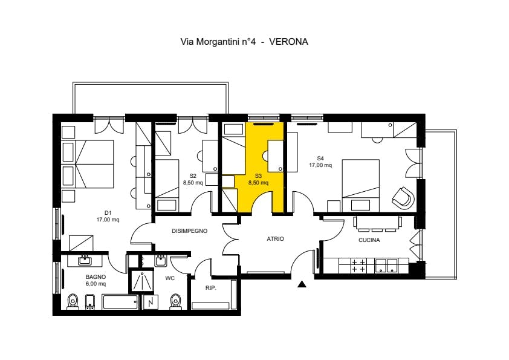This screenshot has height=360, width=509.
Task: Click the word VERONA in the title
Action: [x=288, y=42]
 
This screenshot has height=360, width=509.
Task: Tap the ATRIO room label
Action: [x=275, y=239]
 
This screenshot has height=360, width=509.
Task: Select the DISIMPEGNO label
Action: [x=190, y=231]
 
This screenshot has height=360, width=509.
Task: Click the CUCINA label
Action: [x=369, y=240]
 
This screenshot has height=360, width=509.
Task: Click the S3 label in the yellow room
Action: [x=258, y=176]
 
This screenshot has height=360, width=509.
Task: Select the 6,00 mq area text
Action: [x=96, y=284]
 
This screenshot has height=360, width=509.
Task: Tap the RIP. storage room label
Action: [x=211, y=288]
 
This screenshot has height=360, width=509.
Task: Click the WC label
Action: [x=170, y=278]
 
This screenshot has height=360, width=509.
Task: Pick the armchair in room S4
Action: [x=403, y=197]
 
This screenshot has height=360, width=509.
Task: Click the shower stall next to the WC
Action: [x=141, y=280]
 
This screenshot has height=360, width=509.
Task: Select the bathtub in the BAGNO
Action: [x=120, y=302]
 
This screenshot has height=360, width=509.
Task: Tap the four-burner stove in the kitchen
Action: [x=358, y=265]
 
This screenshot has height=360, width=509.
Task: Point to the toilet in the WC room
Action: [x=176, y=301]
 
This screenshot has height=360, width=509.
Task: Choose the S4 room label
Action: [x=320, y=159]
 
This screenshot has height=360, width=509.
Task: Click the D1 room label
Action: [x=108, y=213]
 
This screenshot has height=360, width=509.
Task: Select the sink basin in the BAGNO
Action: [x=85, y=260]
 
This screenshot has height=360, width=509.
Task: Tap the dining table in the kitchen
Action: [x=378, y=223]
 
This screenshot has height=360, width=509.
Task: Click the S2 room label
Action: [x=193, y=176]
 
